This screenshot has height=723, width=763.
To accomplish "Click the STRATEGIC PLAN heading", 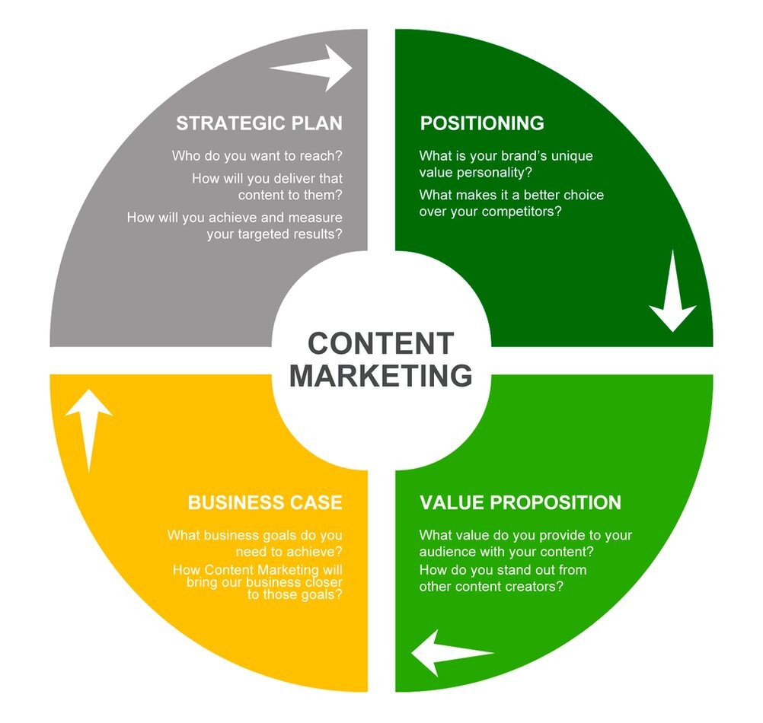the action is click(260, 123).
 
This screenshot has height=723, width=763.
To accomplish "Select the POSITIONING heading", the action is click(482, 123).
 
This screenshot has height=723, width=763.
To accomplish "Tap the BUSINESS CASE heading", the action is click(265, 503).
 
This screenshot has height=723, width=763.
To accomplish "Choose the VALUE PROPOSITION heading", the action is click(520, 503).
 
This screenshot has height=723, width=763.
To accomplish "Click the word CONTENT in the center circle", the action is click(381, 343).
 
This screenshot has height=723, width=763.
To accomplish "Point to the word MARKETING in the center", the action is click(381, 375).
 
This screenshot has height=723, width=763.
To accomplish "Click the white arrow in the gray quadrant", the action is click(311, 68).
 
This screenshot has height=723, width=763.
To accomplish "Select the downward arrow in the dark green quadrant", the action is click(673, 291).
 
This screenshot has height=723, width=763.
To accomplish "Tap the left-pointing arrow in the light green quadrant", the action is click(452, 653).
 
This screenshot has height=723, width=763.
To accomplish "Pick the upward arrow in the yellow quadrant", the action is click(89, 430).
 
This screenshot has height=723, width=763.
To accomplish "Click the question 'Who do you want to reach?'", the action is click(257, 156).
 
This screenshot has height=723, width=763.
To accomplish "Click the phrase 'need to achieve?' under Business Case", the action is click(289, 552).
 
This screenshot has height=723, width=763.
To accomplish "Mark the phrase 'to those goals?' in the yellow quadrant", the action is click(295, 595).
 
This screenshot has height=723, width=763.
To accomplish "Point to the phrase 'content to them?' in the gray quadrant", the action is click(290, 196).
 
